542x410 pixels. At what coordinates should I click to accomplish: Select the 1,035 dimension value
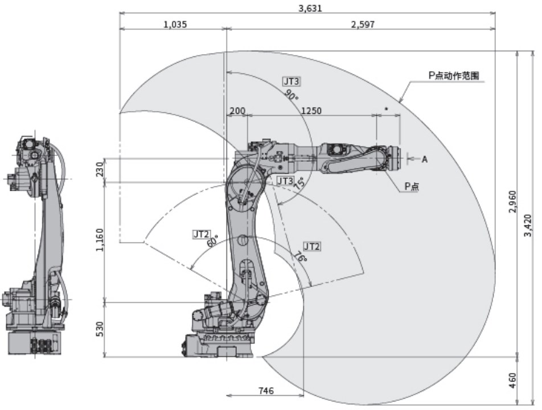click(174, 24)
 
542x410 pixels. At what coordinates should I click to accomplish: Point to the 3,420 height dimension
click(529, 227)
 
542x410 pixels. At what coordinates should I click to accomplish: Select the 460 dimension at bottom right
click(513, 380)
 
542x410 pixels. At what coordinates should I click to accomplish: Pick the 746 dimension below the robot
click(265, 391)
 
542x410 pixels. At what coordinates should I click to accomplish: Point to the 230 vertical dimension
click(100, 170)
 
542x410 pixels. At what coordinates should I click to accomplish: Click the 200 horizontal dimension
click(236, 111)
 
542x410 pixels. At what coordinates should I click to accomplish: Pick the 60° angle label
click(212, 241)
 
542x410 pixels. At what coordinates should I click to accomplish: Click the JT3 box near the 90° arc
click(291, 81)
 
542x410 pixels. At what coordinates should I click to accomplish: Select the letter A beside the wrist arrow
click(424, 160)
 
